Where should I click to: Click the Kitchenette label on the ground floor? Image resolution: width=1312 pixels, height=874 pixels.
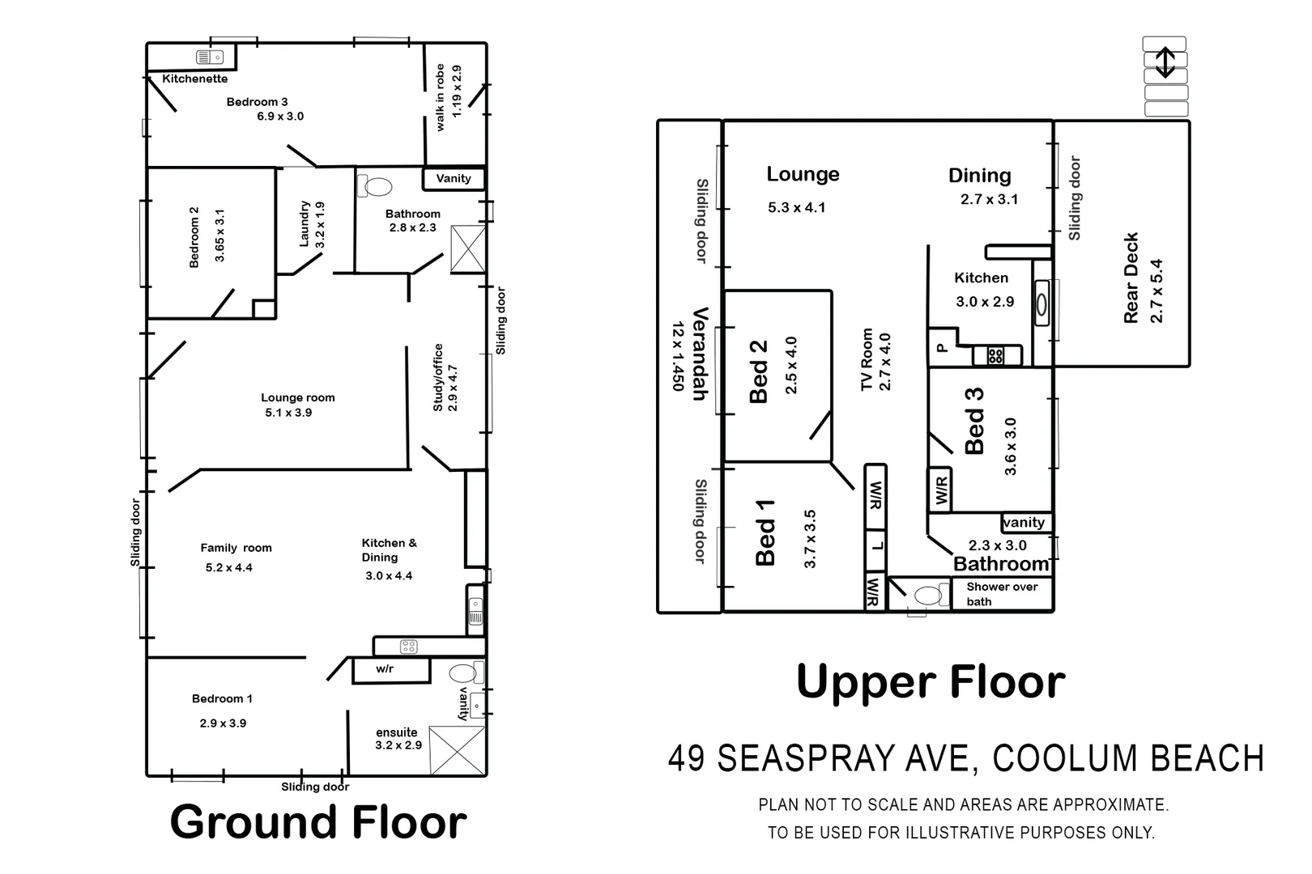(x=194, y=78)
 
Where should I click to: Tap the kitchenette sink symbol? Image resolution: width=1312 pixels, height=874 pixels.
(x=210, y=57)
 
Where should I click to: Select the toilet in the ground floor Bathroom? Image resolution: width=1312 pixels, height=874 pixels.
(x=374, y=186)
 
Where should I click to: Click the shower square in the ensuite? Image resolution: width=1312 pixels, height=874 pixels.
(x=457, y=751)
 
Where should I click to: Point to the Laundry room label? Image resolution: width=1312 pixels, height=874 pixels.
(x=305, y=224)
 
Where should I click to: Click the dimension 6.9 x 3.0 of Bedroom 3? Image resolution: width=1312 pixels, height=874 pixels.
(x=280, y=117)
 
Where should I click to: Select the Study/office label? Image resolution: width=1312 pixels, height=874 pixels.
(x=438, y=377)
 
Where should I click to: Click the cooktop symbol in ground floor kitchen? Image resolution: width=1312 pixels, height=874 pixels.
(x=409, y=646)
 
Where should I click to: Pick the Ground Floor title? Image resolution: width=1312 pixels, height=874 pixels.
(x=317, y=822)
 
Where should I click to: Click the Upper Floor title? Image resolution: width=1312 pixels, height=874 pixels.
(x=931, y=682)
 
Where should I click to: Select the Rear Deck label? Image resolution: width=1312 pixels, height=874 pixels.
(x=1131, y=278)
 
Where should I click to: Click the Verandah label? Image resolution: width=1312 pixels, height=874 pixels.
(x=701, y=354)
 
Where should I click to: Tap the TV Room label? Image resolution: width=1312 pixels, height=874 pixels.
(x=867, y=359)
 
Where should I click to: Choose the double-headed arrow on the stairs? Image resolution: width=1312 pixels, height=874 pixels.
(x=1165, y=62)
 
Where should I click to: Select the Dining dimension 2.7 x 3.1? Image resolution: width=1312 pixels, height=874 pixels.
(x=989, y=200)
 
